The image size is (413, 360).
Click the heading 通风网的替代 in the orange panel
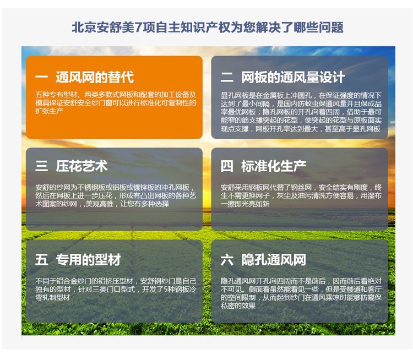point(95,77)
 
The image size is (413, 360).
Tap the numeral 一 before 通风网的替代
point(42,77)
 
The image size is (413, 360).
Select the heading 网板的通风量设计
point(293,78)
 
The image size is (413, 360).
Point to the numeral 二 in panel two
point(227,78)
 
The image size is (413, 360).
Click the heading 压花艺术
point(81,166)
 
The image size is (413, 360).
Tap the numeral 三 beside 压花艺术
point(42,166)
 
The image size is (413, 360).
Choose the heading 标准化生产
point(274,166)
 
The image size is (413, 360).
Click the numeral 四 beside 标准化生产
point(227,166)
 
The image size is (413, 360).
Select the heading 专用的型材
point(88,260)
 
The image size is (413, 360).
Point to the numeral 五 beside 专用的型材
point(42,260)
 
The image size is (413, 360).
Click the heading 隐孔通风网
point(274,260)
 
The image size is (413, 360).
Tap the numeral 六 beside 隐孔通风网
point(227,260)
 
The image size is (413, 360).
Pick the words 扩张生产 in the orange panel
point(49,111)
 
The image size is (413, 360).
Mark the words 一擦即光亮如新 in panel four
point(245,204)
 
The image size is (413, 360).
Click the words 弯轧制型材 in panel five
point(53,297)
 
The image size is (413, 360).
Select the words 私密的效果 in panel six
point(238,306)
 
